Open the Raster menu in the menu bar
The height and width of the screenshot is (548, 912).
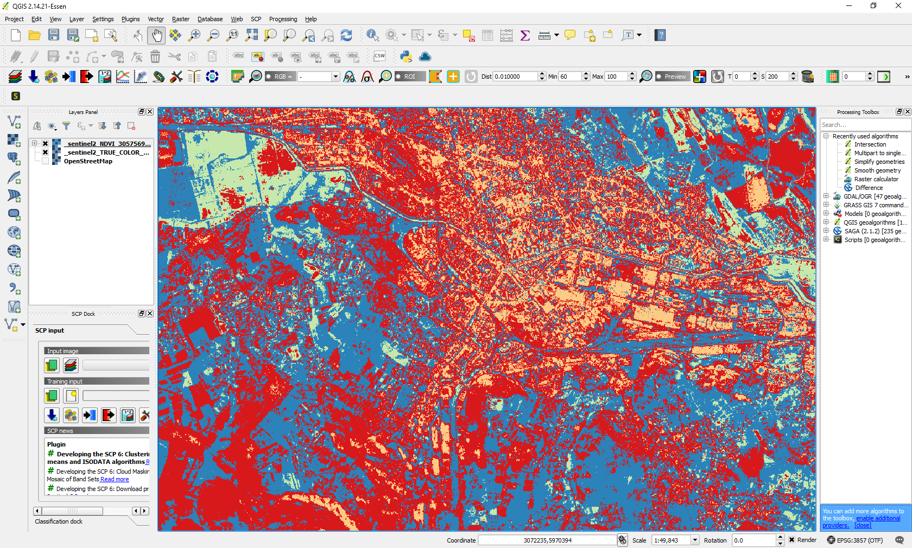click(180, 19)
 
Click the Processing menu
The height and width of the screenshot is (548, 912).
click(283, 19)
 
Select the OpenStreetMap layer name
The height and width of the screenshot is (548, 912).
click(88, 161)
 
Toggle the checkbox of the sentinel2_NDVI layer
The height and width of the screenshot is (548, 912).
click(46, 144)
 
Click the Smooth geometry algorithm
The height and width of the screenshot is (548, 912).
click(877, 170)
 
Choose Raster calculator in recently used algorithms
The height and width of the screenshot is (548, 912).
click(876, 179)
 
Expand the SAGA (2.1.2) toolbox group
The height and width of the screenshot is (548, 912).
click(826, 231)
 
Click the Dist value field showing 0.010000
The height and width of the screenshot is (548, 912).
click(514, 77)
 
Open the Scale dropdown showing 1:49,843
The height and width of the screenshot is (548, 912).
click(695, 540)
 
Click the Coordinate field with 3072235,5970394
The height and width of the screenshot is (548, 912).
click(547, 540)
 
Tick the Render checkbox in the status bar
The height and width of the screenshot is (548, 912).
click(792, 540)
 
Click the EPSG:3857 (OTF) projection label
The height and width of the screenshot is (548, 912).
click(859, 540)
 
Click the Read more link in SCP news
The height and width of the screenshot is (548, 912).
click(115, 479)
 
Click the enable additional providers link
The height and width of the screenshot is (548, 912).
click(878, 518)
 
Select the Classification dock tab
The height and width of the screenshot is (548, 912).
click(59, 521)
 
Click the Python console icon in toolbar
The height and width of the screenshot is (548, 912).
click(406, 56)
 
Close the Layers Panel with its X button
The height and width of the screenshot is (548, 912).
click(150, 112)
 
